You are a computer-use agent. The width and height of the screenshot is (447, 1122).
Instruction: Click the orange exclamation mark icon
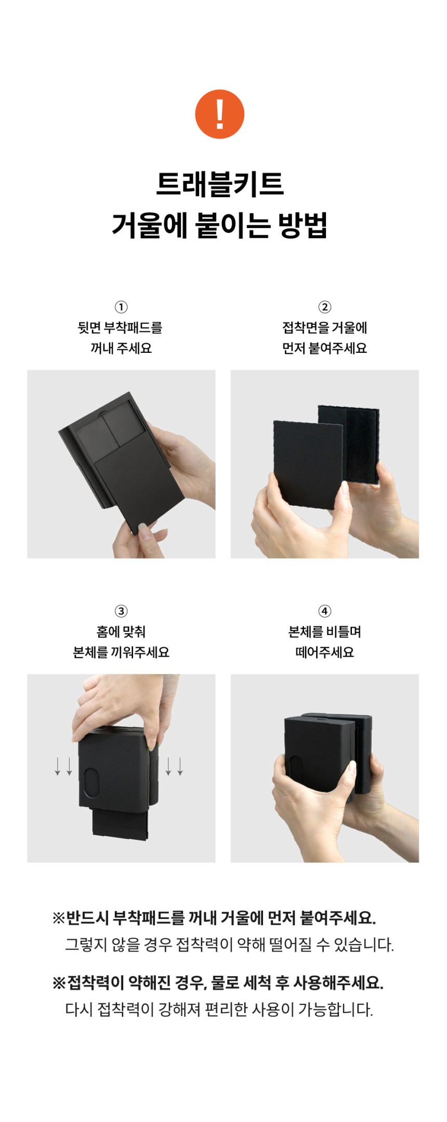[219, 114]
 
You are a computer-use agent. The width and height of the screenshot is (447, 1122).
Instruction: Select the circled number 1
[121, 307]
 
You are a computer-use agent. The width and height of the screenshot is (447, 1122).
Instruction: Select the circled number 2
[325, 307]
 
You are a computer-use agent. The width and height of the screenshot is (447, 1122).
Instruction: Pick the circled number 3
[121, 611]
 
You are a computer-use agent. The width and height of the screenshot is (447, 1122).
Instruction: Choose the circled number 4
[325, 611]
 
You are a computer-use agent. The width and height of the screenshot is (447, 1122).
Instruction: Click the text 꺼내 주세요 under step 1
[121, 348]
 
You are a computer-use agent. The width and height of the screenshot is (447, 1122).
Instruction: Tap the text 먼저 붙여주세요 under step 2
[325, 348]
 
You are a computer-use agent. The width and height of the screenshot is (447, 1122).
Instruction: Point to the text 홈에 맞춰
[121, 632]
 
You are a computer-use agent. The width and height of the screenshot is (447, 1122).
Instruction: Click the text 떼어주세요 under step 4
[325, 652]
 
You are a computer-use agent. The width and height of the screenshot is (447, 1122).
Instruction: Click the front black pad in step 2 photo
[308, 463]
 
